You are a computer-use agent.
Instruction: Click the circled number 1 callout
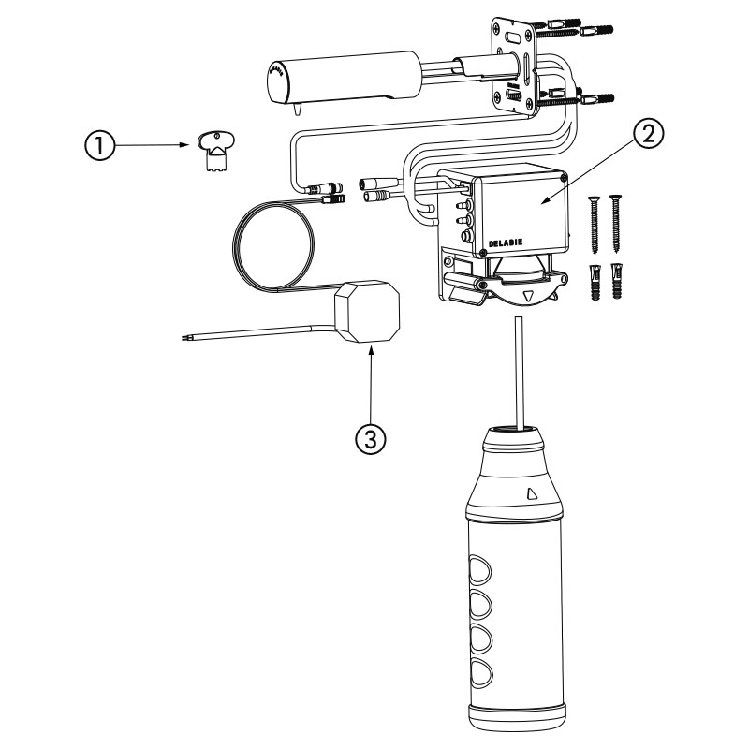click(x=99, y=145)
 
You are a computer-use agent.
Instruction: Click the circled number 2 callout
click(x=648, y=134)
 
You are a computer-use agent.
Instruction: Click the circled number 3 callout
click(x=371, y=438)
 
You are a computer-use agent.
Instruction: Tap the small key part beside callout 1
click(x=215, y=152)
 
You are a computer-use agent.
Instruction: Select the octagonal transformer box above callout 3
click(x=367, y=312)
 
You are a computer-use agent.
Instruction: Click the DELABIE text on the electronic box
click(x=506, y=242)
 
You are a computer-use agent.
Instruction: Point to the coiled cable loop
click(x=273, y=246)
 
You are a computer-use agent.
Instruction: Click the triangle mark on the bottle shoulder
click(x=531, y=493)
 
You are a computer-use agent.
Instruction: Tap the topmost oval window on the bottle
click(x=479, y=570)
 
